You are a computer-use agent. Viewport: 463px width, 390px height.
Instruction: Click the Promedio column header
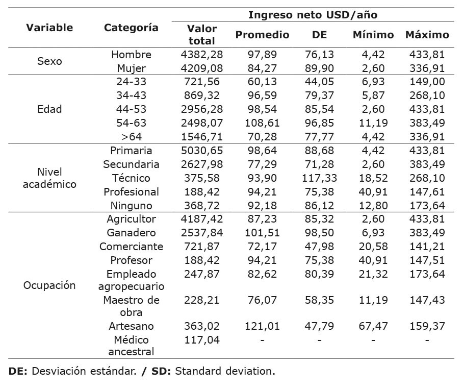click(x=262, y=35)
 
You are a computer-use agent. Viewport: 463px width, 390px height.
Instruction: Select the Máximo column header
click(x=427, y=35)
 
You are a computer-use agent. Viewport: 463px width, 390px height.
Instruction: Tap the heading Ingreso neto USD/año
click(x=313, y=15)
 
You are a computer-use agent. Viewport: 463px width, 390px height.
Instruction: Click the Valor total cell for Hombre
click(x=202, y=55)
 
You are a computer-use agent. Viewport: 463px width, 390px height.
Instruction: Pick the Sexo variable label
click(x=49, y=61)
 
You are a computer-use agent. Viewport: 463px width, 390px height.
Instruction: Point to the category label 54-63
click(x=132, y=123)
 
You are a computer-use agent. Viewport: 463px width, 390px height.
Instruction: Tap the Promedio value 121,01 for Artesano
click(x=262, y=326)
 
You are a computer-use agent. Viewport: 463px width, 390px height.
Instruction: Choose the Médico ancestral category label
click(x=132, y=346)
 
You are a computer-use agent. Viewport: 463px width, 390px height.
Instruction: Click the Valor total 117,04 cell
click(x=202, y=340)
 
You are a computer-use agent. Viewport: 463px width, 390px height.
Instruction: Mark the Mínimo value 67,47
click(x=373, y=326)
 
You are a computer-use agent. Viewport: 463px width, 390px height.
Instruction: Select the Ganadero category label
click(x=132, y=233)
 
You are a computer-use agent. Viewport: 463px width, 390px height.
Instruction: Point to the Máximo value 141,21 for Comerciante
click(x=427, y=247)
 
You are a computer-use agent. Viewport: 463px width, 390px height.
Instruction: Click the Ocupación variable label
click(x=49, y=285)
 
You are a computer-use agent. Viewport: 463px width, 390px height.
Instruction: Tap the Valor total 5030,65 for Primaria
click(x=202, y=151)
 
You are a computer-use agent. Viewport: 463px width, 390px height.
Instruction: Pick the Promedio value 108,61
click(x=262, y=123)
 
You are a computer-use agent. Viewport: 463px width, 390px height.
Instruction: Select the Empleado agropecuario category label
click(x=132, y=280)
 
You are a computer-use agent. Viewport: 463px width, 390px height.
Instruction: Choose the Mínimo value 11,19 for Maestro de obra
click(x=373, y=300)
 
